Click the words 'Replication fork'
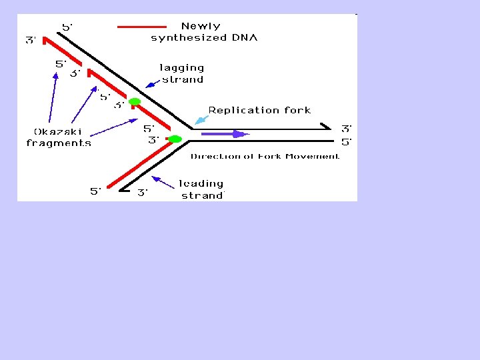259,111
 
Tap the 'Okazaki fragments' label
59,137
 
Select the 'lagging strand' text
182,73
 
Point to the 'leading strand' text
202,189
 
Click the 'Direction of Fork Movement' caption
265,157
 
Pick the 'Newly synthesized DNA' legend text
204,32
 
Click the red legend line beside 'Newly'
142,27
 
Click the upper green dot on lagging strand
135,102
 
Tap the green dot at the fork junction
175,139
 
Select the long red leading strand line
140,164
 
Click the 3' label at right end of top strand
347,129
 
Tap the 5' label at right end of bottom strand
347,142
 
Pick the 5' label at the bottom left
96,192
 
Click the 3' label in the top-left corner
31,41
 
